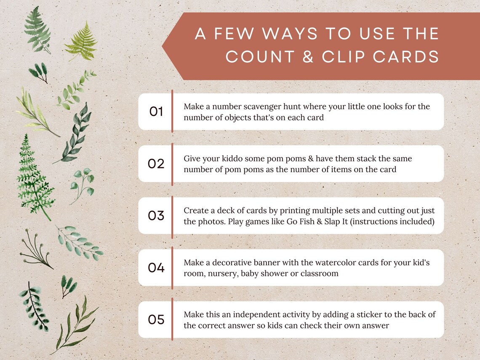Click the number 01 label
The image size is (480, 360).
click(x=156, y=112)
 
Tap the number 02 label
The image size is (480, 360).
click(x=156, y=164)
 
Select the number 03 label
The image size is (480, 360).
click(x=156, y=216)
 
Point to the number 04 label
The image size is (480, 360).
click(x=156, y=268)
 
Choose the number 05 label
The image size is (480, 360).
click(x=156, y=320)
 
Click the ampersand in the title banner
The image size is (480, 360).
click(x=308, y=57)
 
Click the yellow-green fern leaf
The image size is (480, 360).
click(x=81, y=42)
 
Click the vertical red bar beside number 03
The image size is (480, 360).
click(x=172, y=216)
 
